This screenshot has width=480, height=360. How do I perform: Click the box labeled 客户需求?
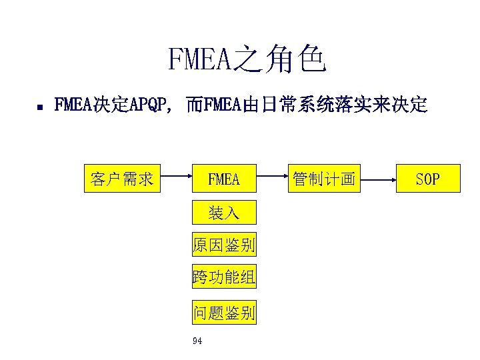pos(123,179)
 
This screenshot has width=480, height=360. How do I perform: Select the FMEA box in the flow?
pos(223,179)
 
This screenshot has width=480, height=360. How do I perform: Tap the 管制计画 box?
pos(323,179)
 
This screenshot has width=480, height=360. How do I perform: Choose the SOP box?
pos(427,179)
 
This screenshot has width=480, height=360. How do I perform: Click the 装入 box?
pos(223,213)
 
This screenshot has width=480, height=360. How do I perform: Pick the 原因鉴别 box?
pos(223,245)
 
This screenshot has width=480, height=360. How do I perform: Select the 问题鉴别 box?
pos(223,312)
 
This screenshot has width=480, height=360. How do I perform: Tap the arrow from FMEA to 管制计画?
pos(273,179)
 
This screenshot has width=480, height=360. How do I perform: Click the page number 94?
pos(197,341)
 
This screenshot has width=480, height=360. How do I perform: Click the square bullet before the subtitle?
pos(40,106)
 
